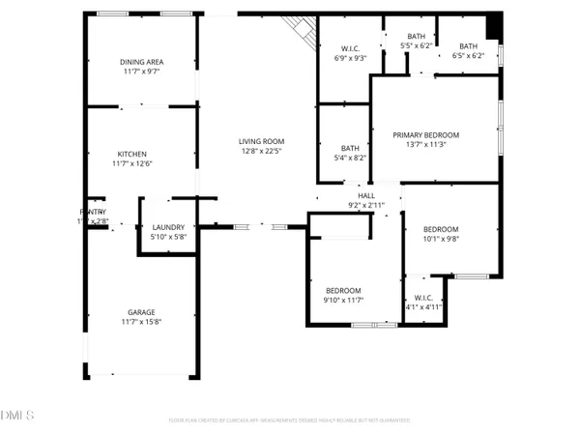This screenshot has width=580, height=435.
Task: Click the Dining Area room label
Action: click(x=142, y=61)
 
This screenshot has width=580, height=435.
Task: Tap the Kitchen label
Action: click(x=131, y=155)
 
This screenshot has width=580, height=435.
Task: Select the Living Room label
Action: click(x=262, y=143)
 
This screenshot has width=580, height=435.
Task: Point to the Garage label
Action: click(x=141, y=312)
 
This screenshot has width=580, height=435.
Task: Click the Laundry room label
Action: click(x=168, y=228)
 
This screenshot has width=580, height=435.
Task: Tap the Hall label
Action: click(x=365, y=196)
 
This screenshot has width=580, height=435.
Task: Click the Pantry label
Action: click(x=93, y=212)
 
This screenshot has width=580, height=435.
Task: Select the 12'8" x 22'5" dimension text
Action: click(x=262, y=153)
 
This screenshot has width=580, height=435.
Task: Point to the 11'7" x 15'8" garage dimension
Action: click(x=141, y=322)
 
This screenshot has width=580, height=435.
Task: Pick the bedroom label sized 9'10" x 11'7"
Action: click(x=343, y=291)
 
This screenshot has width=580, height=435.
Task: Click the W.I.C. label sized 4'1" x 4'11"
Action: click(x=423, y=298)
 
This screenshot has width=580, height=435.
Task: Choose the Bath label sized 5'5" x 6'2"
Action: click(x=403, y=37)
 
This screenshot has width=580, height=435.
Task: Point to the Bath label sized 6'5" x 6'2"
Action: click(x=468, y=45)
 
